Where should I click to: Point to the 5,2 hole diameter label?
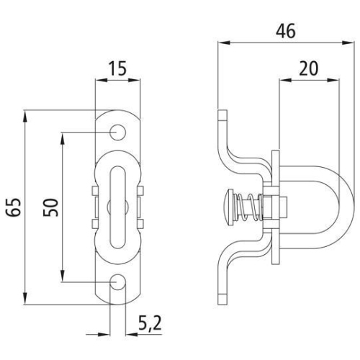147,325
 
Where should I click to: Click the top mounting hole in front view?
115,132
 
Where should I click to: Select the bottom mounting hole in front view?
115,283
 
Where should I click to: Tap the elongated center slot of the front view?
115,207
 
